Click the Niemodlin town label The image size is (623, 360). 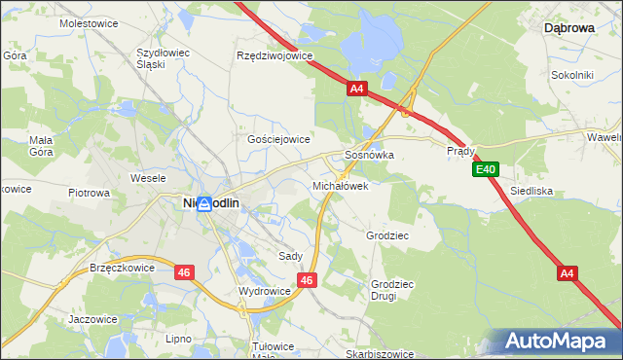[x=213, y=202]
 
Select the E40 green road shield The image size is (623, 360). [x=487, y=170]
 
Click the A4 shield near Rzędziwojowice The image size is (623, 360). [x=356, y=89]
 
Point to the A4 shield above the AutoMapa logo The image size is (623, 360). [x=568, y=274]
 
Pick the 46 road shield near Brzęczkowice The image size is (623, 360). [x=184, y=273]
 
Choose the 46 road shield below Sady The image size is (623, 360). [x=307, y=280]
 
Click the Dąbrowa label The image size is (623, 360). [x=568, y=29]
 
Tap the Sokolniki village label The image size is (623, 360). [x=571, y=74]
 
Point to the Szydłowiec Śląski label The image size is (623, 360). [x=164, y=57]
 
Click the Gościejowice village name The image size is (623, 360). [x=278, y=139]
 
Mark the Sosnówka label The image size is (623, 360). [x=369, y=155]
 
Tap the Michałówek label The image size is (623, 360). [x=340, y=185]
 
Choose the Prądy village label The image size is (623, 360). [x=460, y=152]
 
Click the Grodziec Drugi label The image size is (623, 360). [x=389, y=290]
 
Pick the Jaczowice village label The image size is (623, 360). [x=93, y=318]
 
